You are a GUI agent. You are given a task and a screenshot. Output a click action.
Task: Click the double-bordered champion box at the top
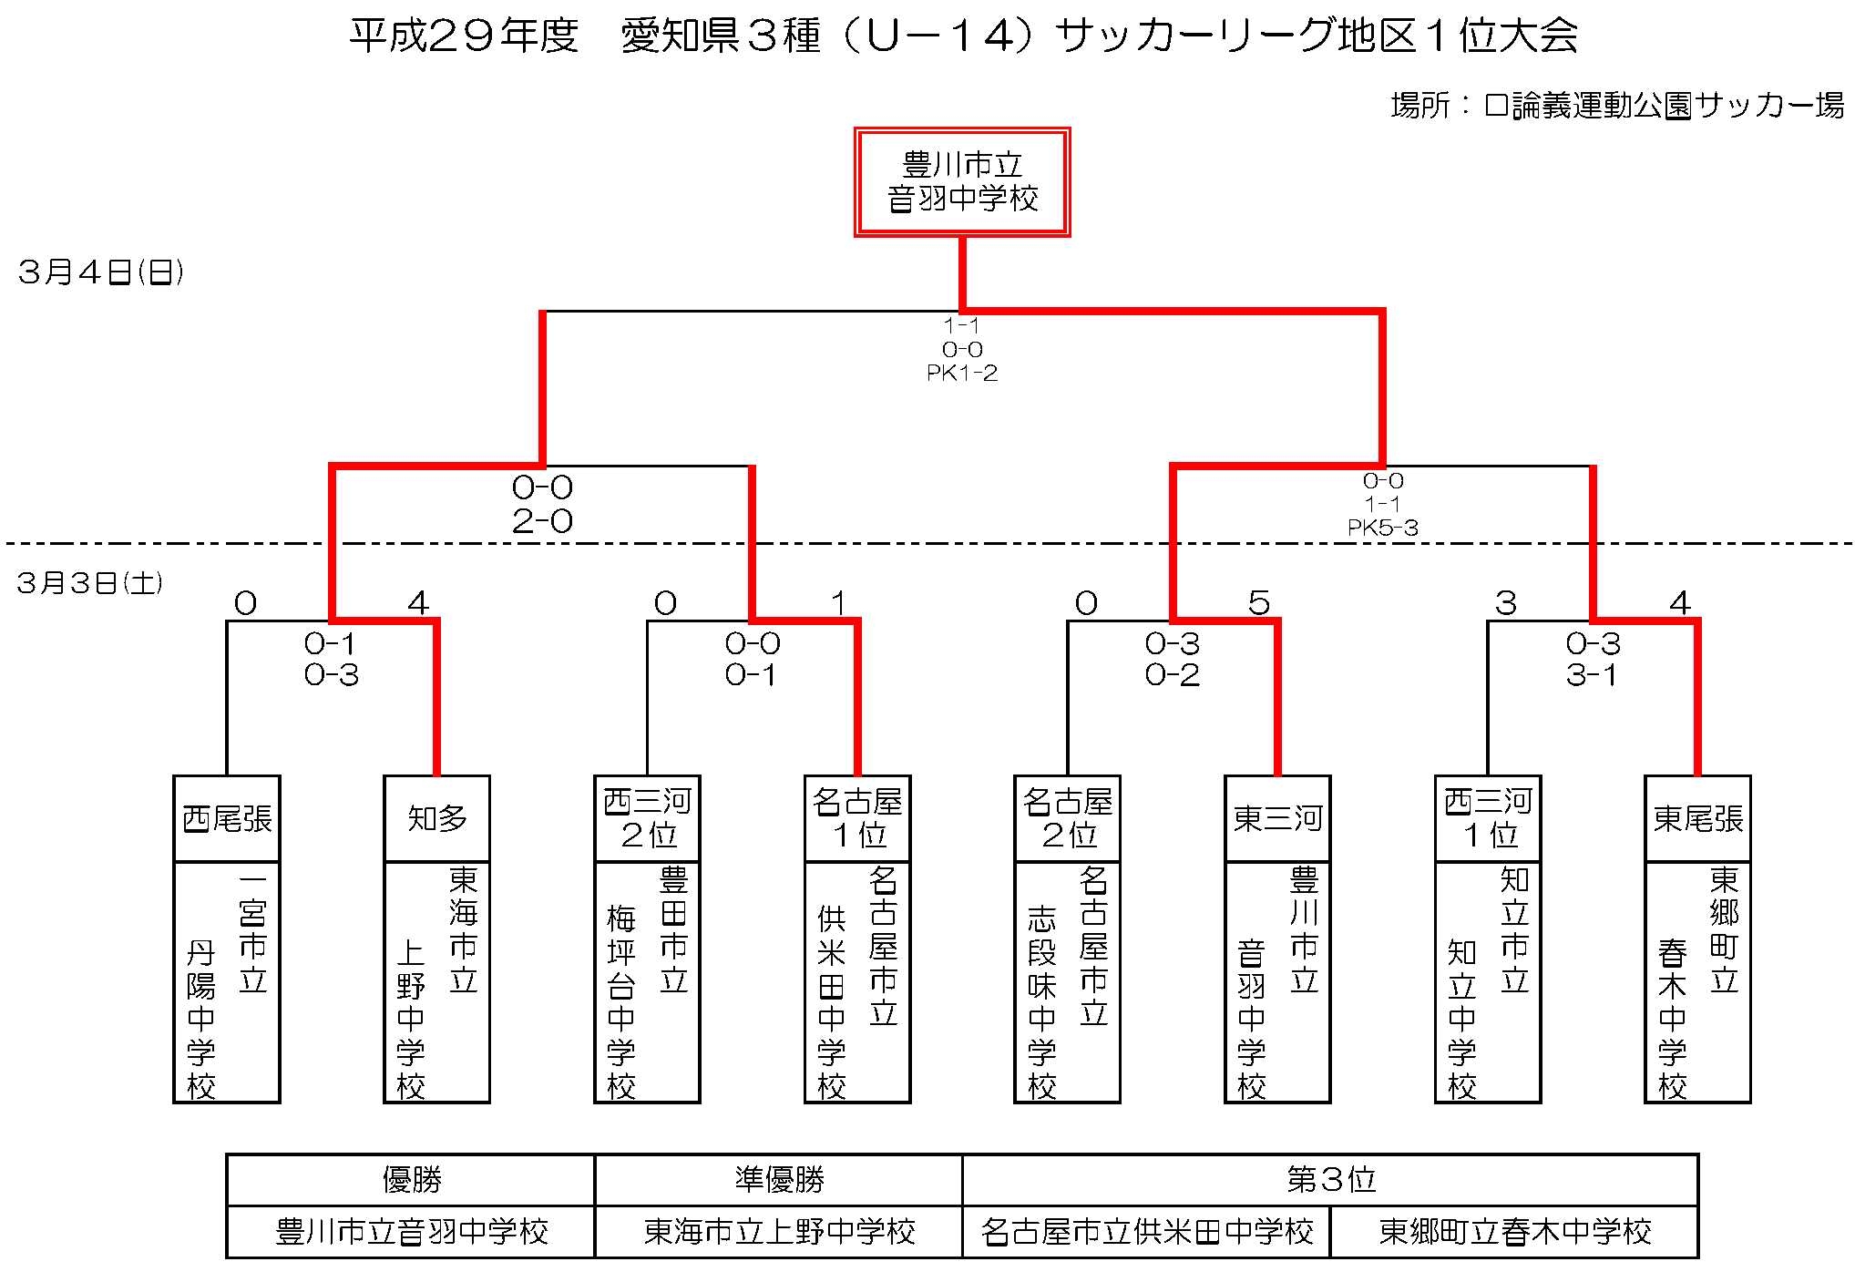point(961,129)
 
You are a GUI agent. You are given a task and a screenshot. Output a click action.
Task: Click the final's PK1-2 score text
point(962,373)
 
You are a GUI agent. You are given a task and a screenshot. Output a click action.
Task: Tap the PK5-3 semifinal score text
point(1383,527)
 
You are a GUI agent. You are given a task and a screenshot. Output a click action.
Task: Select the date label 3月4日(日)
point(101,272)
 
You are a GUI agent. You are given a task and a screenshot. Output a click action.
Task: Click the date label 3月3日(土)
point(90,582)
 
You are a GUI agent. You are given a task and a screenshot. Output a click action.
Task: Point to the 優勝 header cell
point(411,1180)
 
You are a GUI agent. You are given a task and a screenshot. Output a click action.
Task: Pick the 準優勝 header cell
point(779,1180)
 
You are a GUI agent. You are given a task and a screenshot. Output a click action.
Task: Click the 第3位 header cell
point(1330,1180)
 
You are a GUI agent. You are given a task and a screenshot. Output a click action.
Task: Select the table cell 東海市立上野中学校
point(779,1232)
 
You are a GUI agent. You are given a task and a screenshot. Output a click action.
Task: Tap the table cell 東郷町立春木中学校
point(1514,1232)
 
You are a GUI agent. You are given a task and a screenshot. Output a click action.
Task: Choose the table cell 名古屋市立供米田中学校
point(1146,1232)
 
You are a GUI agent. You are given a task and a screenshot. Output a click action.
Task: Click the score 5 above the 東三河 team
point(1258,602)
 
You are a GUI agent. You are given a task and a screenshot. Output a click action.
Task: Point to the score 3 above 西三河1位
point(1505,602)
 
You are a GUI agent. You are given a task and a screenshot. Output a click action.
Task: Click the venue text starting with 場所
point(1617,106)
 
